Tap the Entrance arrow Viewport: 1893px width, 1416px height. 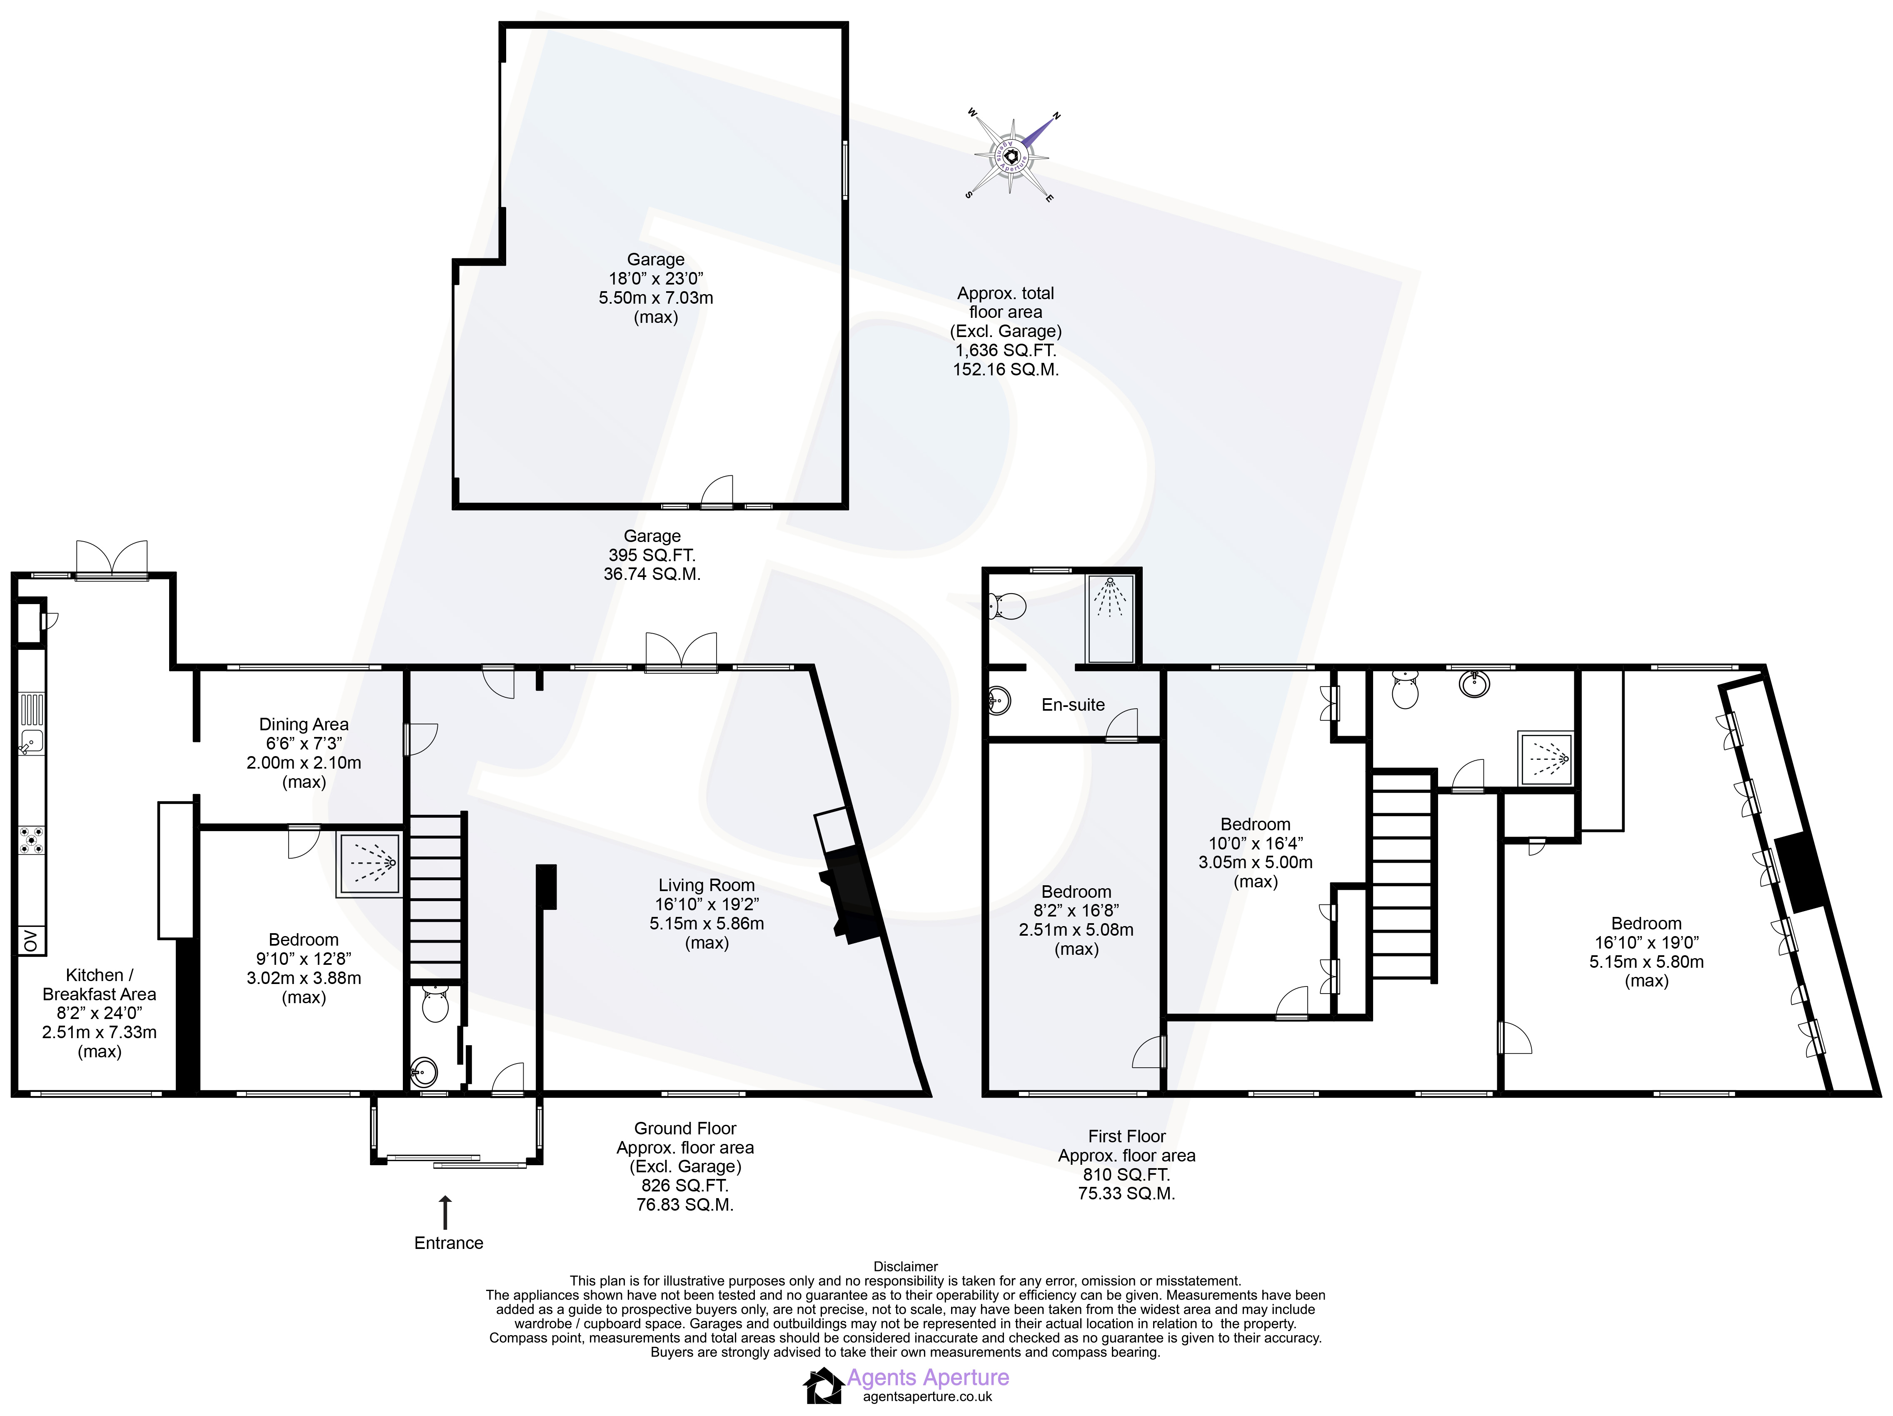click(444, 1212)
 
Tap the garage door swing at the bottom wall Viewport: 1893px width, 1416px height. click(717, 490)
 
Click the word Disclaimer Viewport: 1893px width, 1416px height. click(905, 1266)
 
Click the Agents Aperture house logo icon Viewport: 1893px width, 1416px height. click(823, 1386)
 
